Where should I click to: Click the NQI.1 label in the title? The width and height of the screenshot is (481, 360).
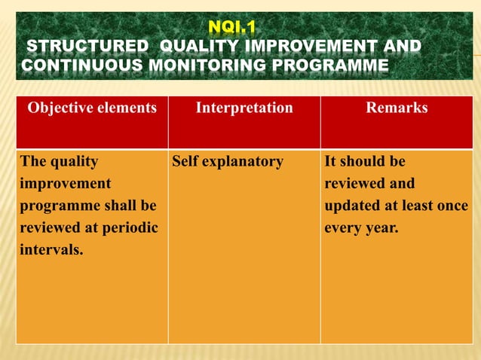(232, 29)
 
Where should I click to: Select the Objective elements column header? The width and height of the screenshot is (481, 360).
(92, 108)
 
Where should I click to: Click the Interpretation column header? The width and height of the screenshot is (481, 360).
(244, 108)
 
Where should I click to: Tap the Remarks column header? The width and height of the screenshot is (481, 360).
(397, 108)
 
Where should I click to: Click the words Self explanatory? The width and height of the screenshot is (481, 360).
(228, 162)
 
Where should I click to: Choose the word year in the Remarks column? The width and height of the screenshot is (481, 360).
(381, 227)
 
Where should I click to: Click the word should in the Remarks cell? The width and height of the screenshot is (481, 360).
(360, 162)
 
